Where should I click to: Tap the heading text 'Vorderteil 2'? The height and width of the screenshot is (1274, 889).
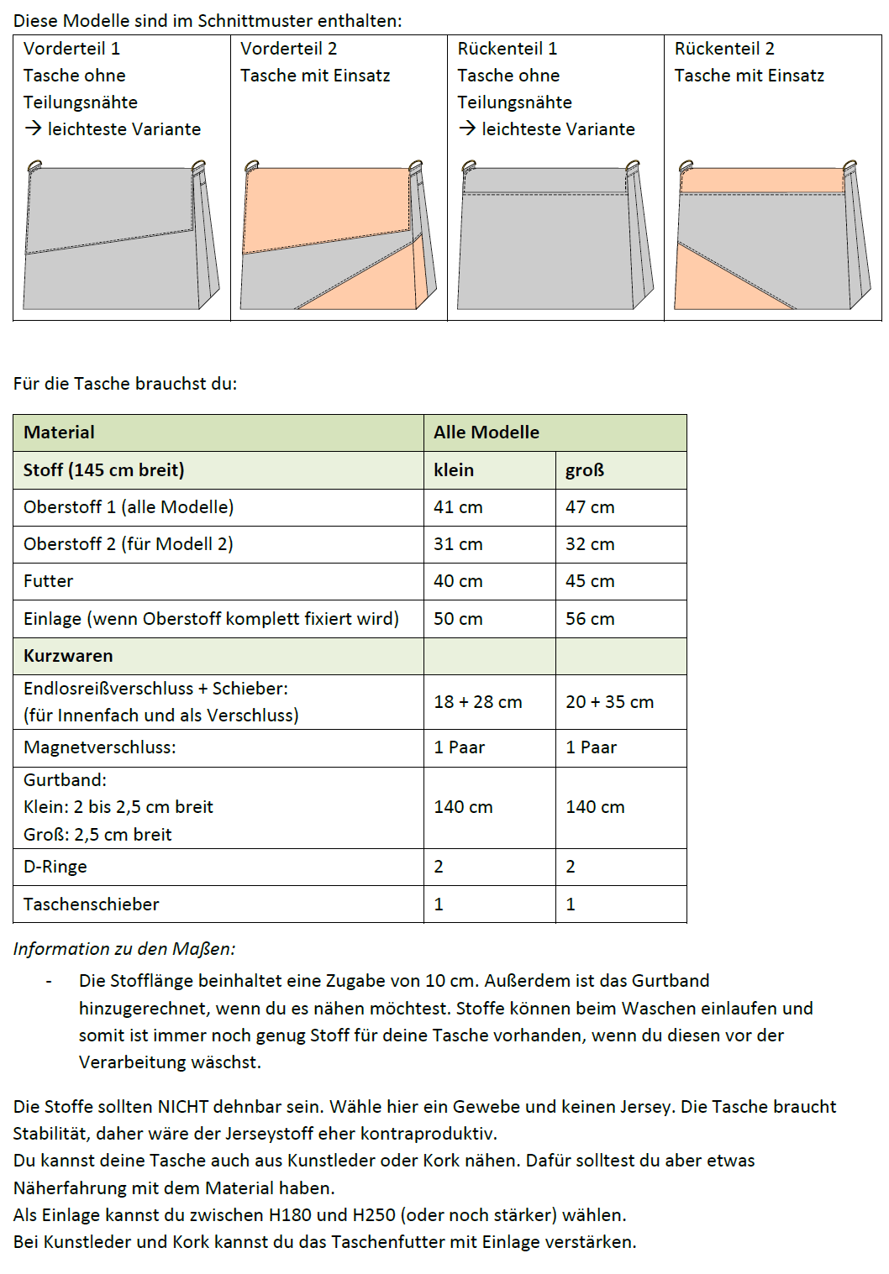pos(288,49)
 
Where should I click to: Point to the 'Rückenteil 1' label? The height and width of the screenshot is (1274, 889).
pos(507,49)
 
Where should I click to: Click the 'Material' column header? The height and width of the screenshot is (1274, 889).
pos(59,433)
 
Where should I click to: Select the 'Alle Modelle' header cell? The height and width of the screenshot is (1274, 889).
pos(487,433)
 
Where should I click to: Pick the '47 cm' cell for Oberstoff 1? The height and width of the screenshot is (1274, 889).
pos(590,507)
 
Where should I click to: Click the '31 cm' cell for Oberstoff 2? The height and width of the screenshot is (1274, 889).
pos(458,544)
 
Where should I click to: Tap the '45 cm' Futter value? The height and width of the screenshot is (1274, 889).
pos(590,581)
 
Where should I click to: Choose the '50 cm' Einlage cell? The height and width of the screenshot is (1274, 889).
pos(458,619)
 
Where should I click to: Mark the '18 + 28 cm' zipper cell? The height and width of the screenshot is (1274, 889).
pos(477,702)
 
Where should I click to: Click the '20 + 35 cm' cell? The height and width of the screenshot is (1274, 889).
pos(609,702)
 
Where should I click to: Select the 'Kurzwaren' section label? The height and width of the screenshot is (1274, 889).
pos(68,656)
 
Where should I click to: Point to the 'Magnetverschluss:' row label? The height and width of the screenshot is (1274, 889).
pos(99,747)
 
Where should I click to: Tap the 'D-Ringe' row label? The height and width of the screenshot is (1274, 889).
pos(55,867)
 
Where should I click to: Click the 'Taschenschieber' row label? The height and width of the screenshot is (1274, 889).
pos(91,904)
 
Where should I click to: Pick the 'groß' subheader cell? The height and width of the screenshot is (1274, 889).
pos(585,470)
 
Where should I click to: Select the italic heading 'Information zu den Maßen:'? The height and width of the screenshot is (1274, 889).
pos(124,949)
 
